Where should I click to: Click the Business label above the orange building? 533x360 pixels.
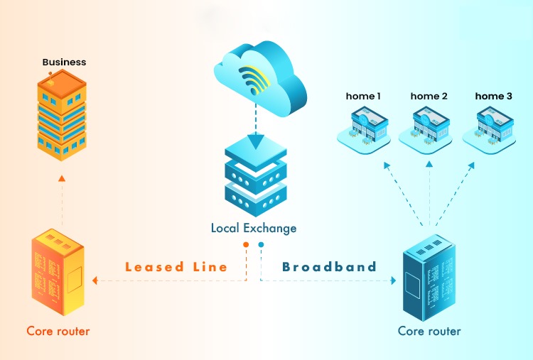click(x=64, y=62)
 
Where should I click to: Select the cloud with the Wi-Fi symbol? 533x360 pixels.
click(x=259, y=82)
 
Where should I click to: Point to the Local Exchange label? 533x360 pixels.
click(x=254, y=229)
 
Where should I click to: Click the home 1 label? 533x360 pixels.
click(x=363, y=96)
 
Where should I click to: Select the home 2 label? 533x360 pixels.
click(x=429, y=96)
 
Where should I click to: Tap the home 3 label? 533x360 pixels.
click(x=494, y=96)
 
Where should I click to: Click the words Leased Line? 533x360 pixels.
click(x=176, y=268)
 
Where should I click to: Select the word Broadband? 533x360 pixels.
click(x=329, y=268)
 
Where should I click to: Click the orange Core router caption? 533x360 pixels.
click(x=58, y=331)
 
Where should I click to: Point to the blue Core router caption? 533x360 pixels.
click(x=429, y=331)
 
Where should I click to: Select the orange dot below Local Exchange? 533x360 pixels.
click(x=246, y=245)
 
